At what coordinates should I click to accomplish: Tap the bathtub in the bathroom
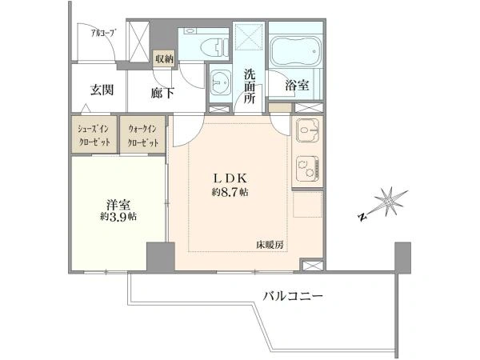pos(296,51)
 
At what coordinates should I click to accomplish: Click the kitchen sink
pos(308,130)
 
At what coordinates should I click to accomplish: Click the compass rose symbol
pos(385,203)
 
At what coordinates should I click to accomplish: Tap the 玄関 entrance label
pos(102,90)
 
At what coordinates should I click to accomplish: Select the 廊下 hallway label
pos(162,93)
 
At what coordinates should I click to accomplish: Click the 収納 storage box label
pos(164,58)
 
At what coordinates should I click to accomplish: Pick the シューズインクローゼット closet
pos(94,134)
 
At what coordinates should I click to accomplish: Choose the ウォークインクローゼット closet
pos(142,134)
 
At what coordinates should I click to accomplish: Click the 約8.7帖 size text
pos(230,192)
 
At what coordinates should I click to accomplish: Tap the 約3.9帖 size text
pos(118,217)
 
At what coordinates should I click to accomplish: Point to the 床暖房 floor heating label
pos(270,245)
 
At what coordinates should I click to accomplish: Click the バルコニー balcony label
pos(294,296)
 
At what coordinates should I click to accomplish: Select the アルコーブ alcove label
pos(104,32)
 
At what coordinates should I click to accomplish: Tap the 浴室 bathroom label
pos(297,86)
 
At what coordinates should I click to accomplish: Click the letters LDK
pos(230,178)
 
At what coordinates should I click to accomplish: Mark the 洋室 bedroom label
pos(118,204)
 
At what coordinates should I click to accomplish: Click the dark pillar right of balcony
pos(402,258)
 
